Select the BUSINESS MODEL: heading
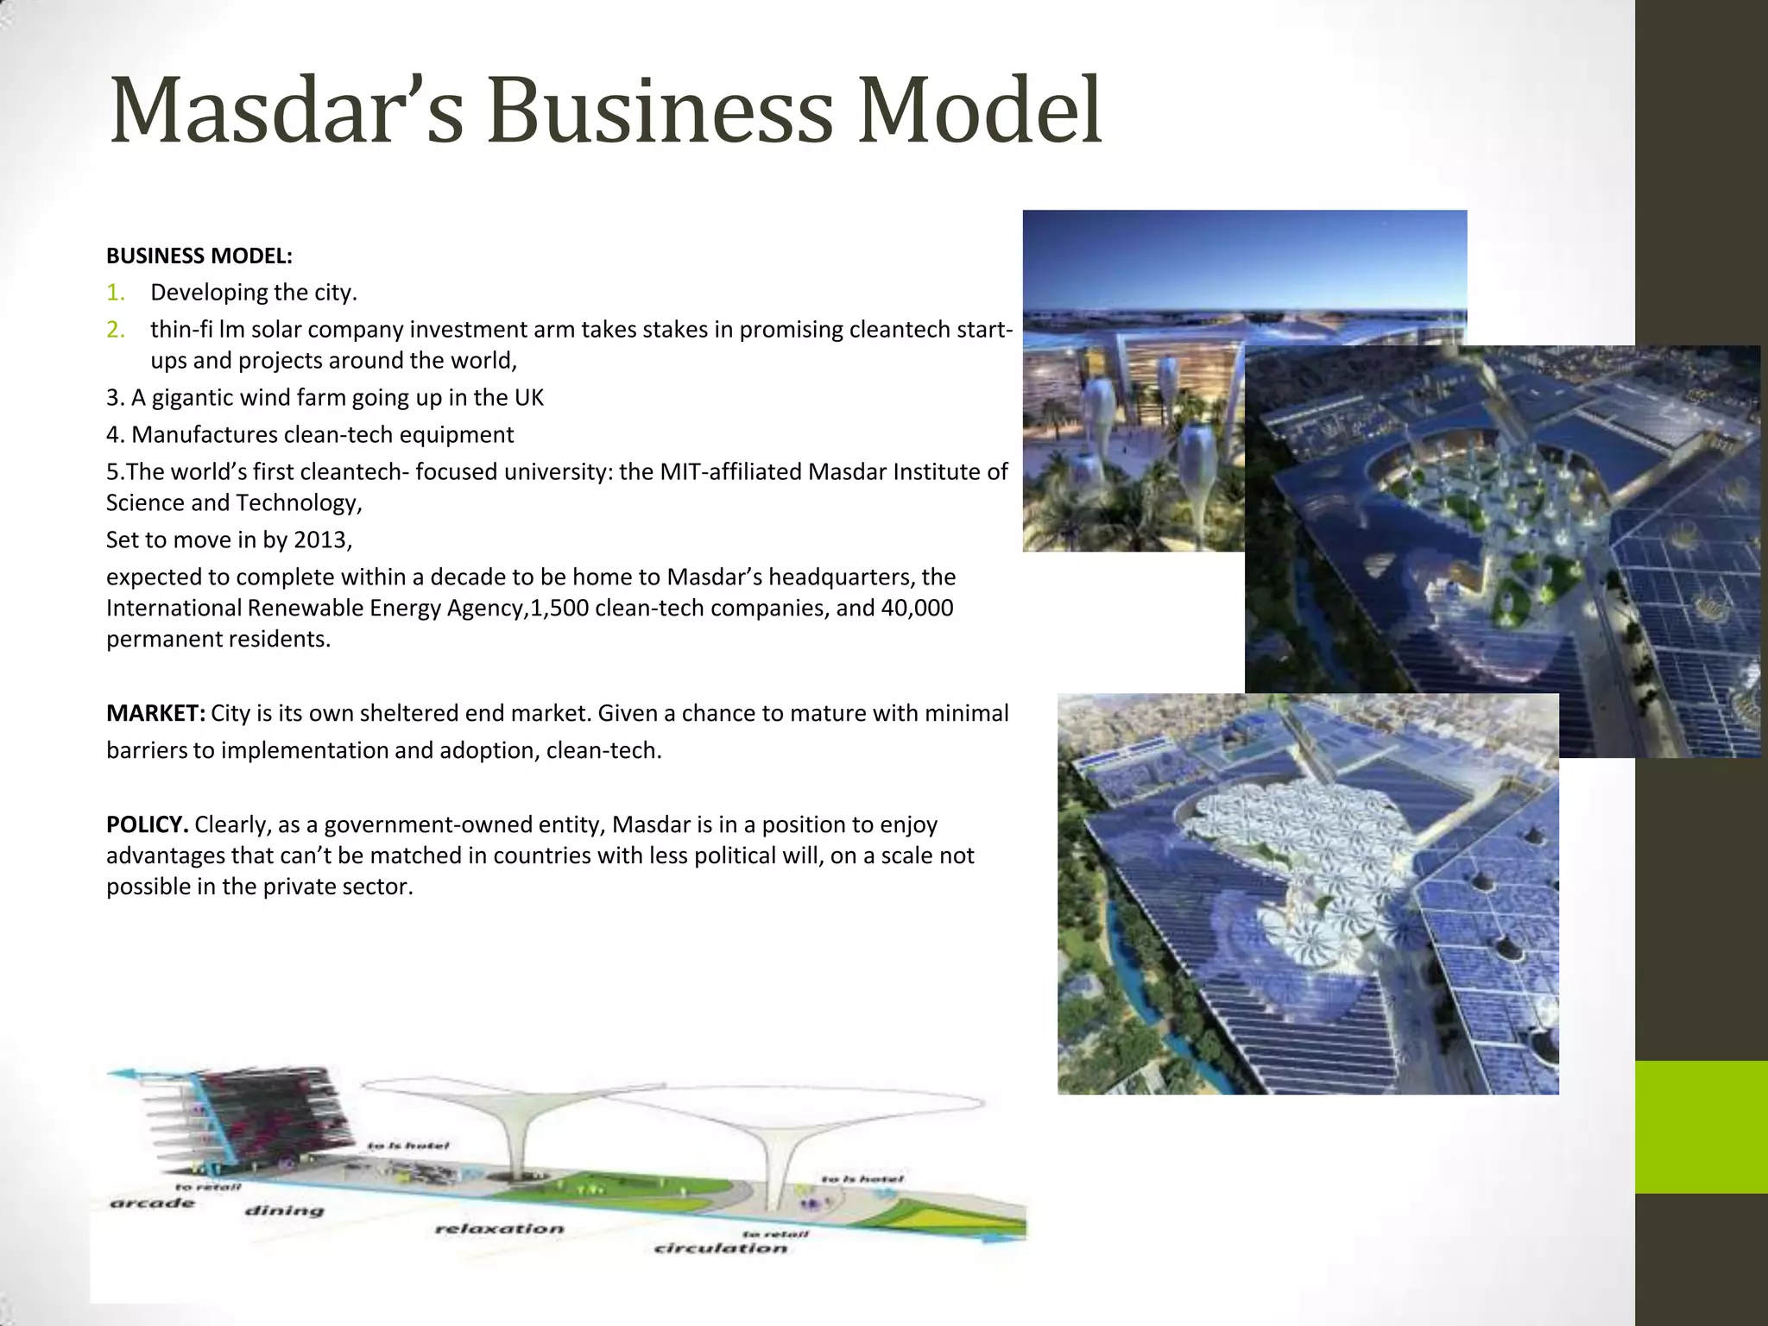199,256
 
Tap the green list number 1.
116,293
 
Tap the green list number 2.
116,330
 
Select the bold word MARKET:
155,714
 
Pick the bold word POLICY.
147,825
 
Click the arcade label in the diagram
153,1203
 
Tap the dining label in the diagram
284,1210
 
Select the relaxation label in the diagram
499,1228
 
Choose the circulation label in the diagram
721,1248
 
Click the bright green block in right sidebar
1701,1127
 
